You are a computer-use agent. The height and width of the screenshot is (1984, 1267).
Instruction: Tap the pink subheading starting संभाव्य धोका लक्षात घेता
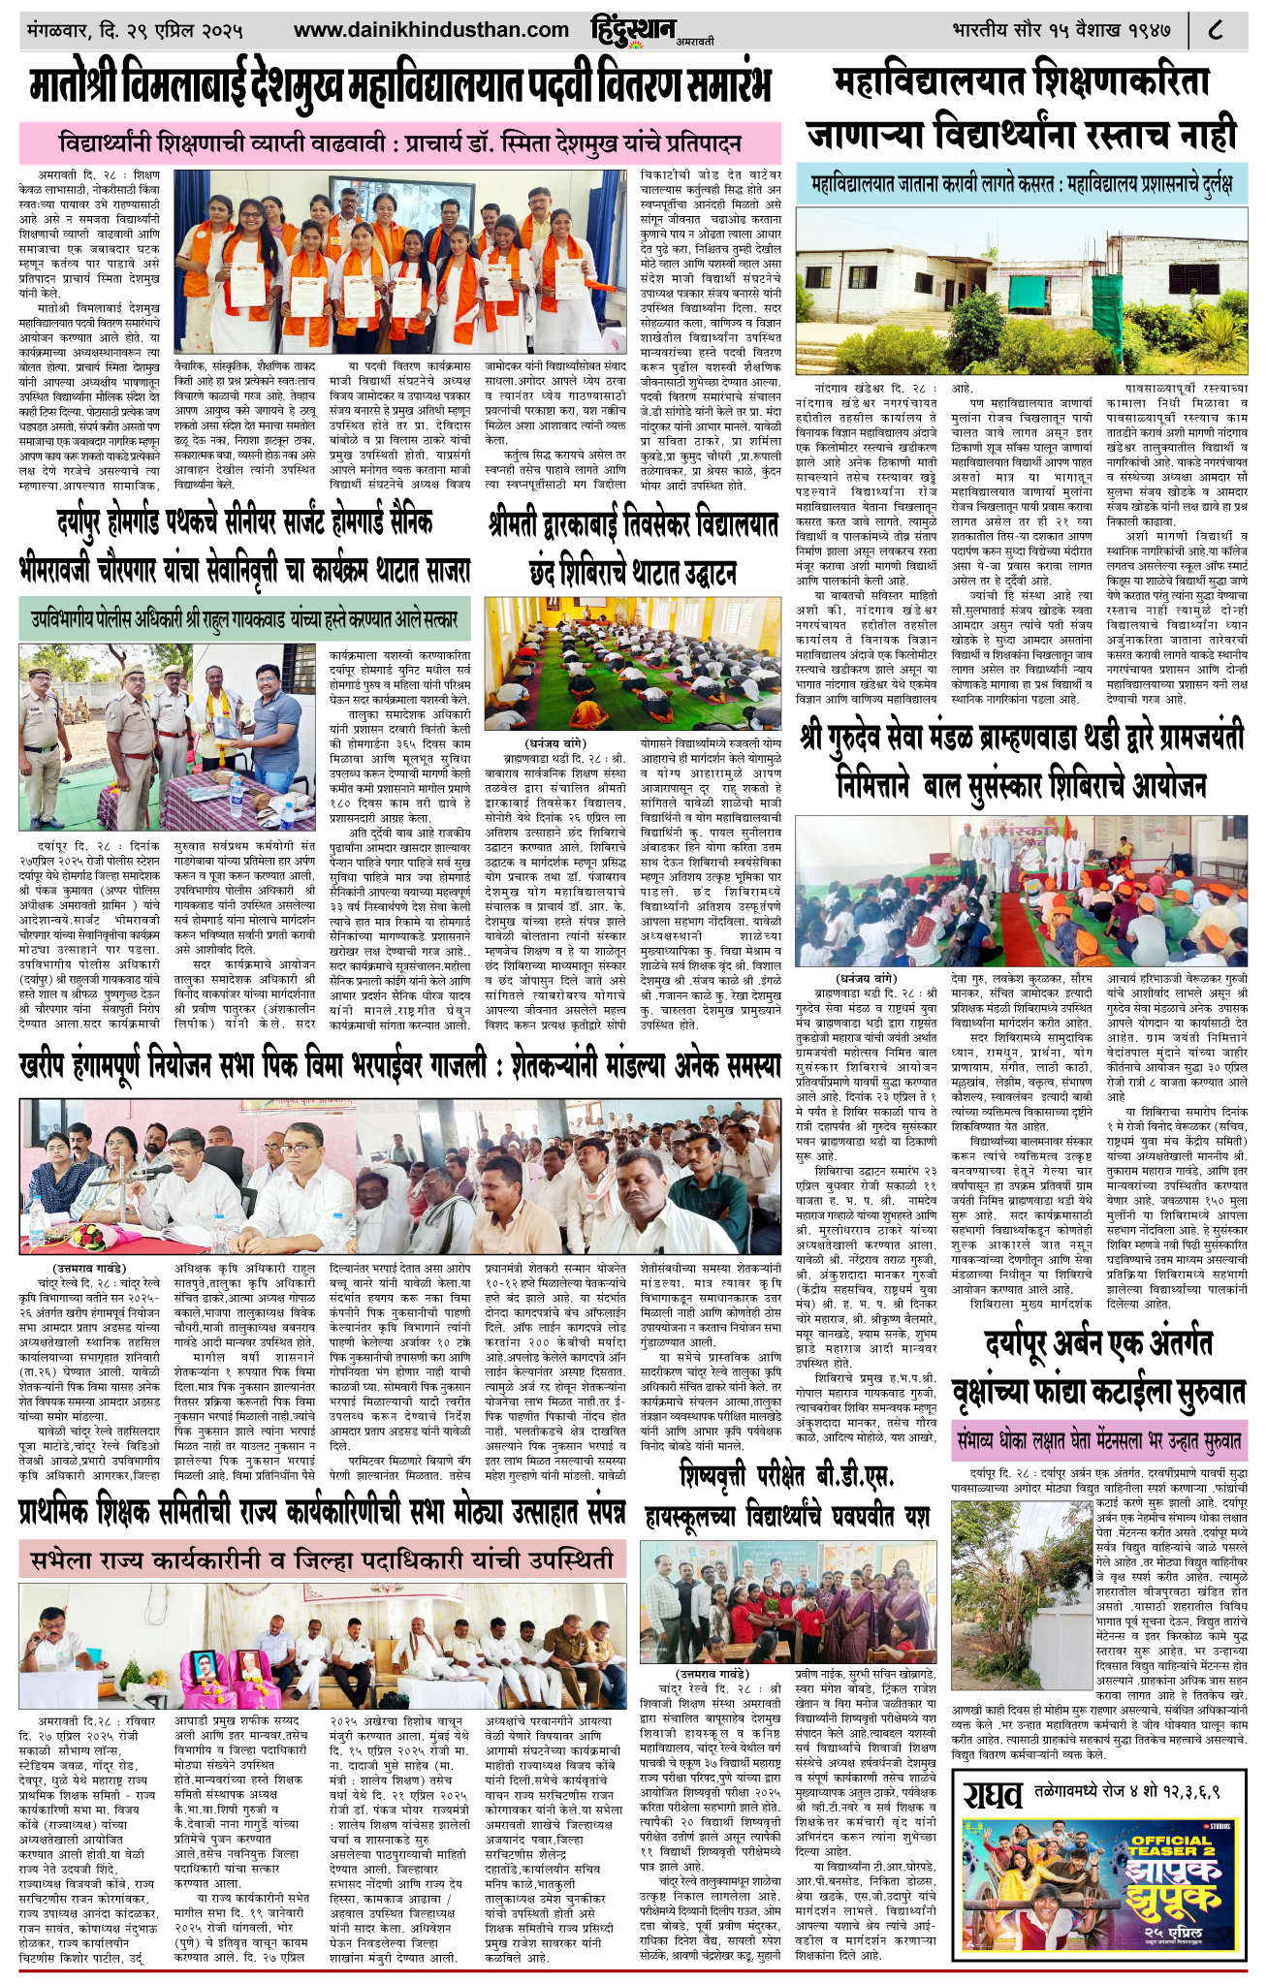pos(1098,1437)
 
